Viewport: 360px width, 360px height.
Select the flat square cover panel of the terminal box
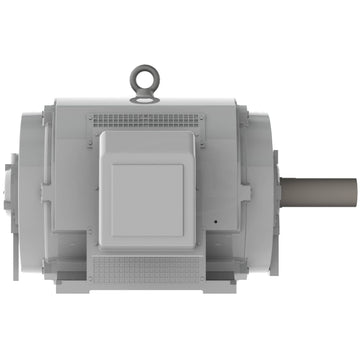[x=147, y=199]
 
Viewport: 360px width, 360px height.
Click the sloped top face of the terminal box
[x=147, y=145]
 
